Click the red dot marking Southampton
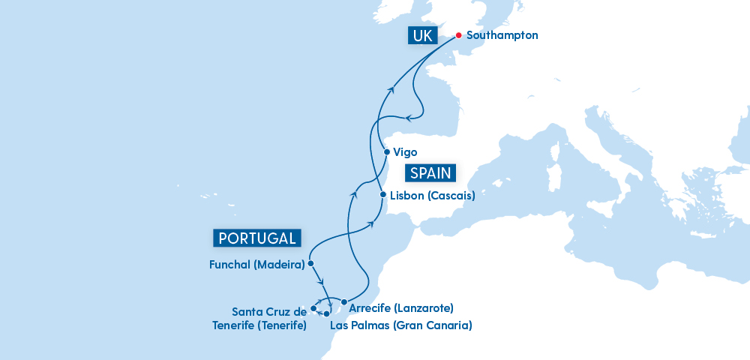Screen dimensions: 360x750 click(x=458, y=34)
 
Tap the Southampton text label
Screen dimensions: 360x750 click(x=502, y=35)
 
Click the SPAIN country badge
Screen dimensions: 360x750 click(x=430, y=173)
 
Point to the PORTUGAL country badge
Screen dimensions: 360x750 click(x=257, y=238)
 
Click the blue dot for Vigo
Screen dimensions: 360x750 click(x=386, y=151)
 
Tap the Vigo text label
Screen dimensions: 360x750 click(x=405, y=152)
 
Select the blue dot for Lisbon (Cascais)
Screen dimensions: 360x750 click(x=382, y=195)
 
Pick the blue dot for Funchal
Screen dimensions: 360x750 click(x=310, y=264)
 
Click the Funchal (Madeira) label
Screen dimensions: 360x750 click(x=257, y=265)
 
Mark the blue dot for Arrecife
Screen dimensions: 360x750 click(x=343, y=302)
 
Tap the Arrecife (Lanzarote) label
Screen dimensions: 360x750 click(x=401, y=307)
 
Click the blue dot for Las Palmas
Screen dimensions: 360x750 click(x=326, y=313)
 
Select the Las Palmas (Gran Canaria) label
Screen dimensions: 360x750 click(x=400, y=325)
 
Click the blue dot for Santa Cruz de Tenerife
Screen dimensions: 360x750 click(x=313, y=308)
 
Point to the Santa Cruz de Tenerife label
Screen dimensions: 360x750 click(x=269, y=318)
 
